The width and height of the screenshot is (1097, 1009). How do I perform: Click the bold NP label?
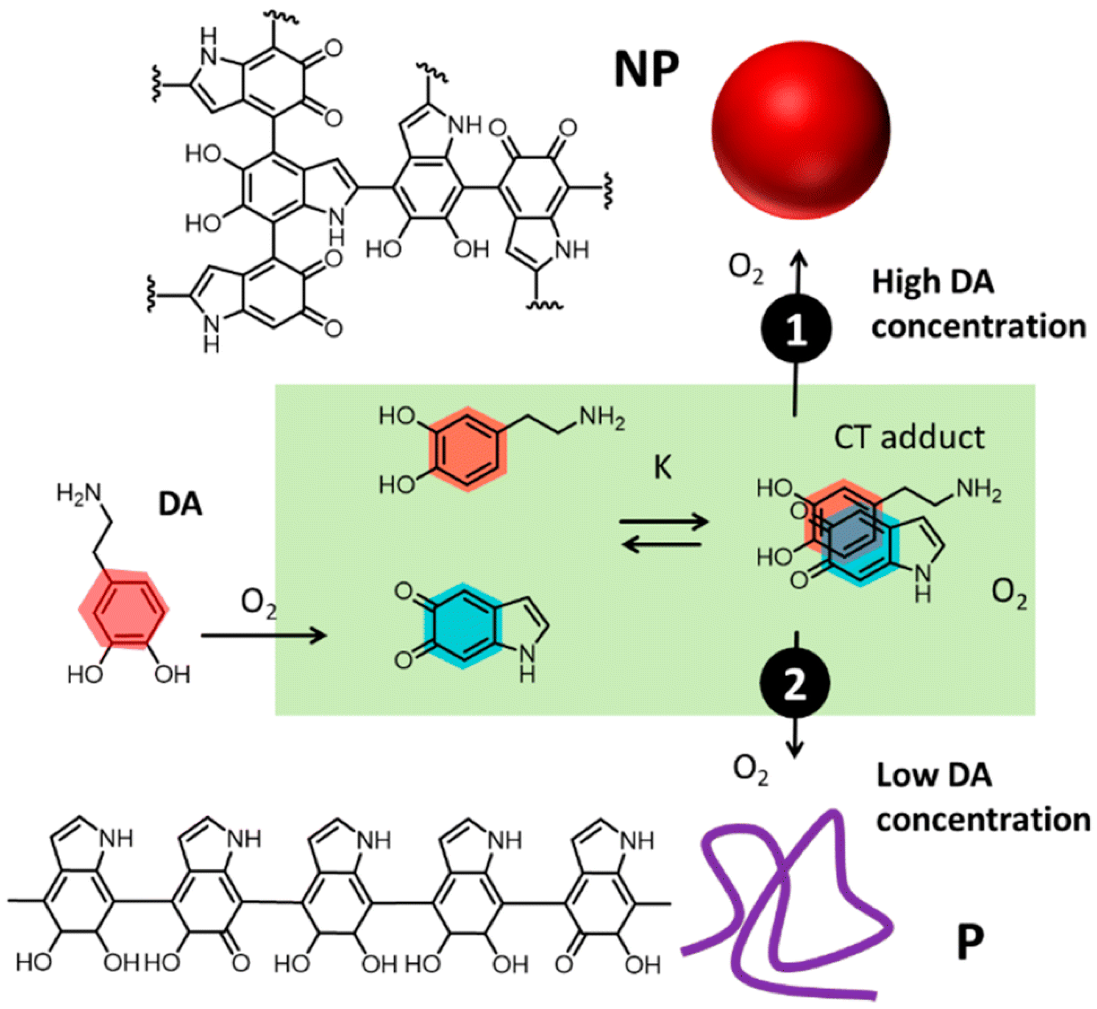click(x=646, y=70)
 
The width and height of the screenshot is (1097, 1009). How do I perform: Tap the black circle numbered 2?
click(x=795, y=683)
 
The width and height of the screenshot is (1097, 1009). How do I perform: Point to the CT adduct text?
click(x=909, y=438)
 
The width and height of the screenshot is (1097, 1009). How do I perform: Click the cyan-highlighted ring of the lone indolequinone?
click(x=463, y=626)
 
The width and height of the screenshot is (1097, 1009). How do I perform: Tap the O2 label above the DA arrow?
click(x=259, y=605)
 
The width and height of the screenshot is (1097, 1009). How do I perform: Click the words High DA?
click(x=933, y=283)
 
